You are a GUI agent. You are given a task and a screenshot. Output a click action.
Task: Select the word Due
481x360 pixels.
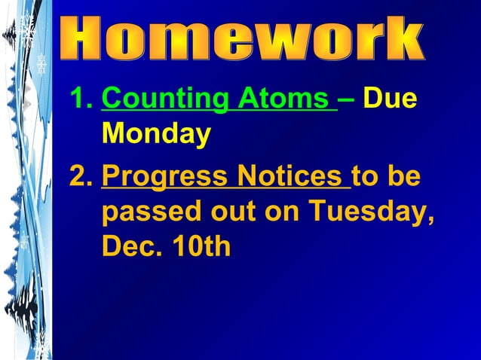tap(390, 99)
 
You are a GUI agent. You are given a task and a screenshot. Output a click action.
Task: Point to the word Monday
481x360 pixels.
tap(156, 135)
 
